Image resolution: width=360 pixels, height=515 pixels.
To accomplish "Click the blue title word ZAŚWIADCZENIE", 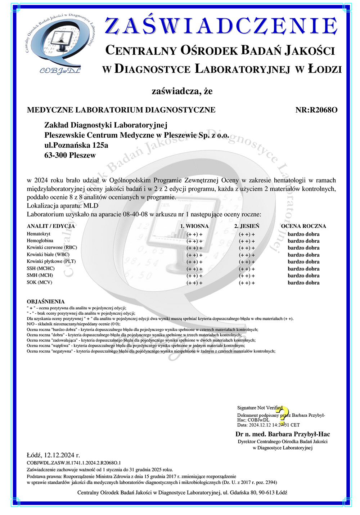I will click(221, 26).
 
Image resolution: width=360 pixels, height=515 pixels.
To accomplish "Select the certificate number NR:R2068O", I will click(316, 110).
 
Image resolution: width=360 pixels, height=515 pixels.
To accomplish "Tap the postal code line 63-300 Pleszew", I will click(70, 156).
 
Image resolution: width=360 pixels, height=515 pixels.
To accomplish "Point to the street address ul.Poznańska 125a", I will click(76, 145).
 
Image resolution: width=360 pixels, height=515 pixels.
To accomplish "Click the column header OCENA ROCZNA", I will click(303, 226).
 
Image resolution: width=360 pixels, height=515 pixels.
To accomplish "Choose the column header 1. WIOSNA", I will click(194, 226).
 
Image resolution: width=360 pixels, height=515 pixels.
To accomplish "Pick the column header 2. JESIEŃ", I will click(247, 226).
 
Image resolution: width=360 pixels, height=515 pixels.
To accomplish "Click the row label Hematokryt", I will click(39, 234).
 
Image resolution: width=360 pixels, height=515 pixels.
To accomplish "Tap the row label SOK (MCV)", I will click(39, 282).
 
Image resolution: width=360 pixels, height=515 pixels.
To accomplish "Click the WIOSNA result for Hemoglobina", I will click(194, 241).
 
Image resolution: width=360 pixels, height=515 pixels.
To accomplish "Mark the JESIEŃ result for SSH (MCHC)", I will click(247, 269).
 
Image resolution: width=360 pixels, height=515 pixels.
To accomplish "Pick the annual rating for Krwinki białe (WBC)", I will click(303, 255).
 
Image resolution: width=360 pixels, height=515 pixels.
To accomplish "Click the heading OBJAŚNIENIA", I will click(46, 301).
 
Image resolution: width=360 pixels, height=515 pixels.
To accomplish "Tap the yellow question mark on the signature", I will click(283, 414).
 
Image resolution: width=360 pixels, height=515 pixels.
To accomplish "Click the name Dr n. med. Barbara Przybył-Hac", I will click(283, 434).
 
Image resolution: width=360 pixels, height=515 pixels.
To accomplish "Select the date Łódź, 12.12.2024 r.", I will click(53, 455).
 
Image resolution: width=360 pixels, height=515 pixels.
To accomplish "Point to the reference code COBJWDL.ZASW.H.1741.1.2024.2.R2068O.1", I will click(74, 463).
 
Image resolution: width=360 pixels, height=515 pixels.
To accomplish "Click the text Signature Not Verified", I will click(260, 408).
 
